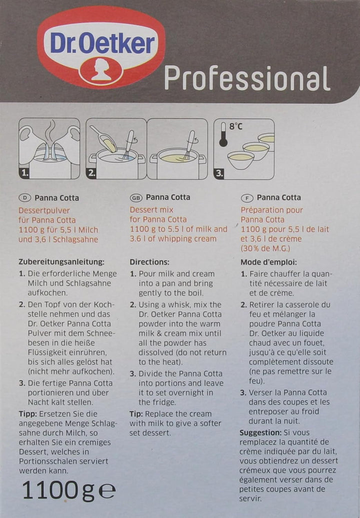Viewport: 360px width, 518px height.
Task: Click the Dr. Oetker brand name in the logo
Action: point(101,44)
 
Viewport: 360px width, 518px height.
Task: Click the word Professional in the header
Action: point(247,78)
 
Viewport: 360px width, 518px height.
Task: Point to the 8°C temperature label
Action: point(235,127)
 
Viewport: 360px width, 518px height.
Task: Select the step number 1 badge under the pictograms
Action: point(25,173)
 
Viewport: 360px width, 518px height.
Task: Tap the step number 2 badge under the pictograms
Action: point(92,173)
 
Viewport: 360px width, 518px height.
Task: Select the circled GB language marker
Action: point(135,198)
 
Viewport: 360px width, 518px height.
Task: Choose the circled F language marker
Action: point(246,198)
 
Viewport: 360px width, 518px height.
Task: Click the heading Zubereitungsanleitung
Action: point(61,262)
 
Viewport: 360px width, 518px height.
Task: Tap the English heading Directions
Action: point(149,262)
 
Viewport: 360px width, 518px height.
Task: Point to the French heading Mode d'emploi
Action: point(268,262)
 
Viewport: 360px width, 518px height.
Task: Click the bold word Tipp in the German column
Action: point(28,413)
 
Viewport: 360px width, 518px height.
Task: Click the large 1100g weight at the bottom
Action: point(57,491)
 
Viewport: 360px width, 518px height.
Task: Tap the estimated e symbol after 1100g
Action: point(106,492)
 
